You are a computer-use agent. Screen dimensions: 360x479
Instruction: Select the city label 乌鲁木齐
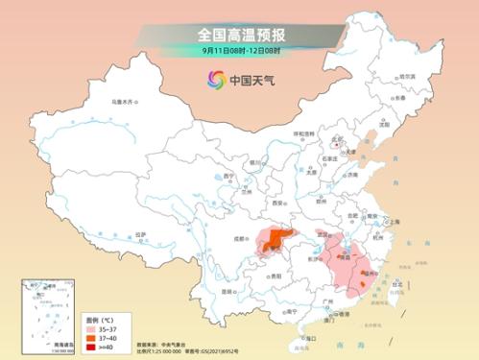[123, 100]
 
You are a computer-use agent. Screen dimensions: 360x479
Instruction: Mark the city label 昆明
[228, 288]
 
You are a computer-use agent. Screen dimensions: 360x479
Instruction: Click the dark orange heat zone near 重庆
[278, 241]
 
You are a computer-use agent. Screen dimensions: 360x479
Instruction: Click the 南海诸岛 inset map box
[46, 316]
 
